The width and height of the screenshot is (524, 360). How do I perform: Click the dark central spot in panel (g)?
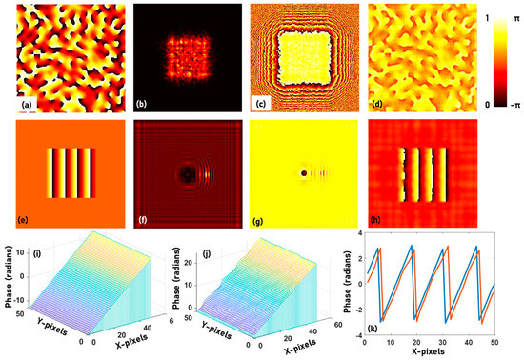(304, 174)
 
